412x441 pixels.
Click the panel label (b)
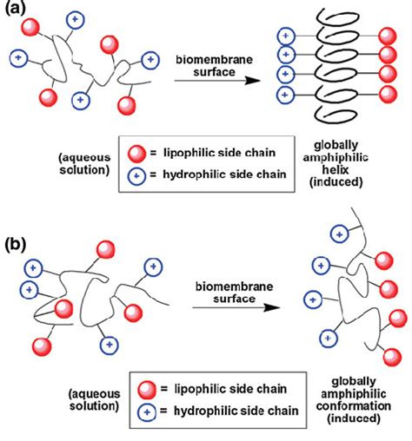(17, 240)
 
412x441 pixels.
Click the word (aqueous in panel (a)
(84, 159)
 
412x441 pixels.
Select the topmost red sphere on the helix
(390, 36)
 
